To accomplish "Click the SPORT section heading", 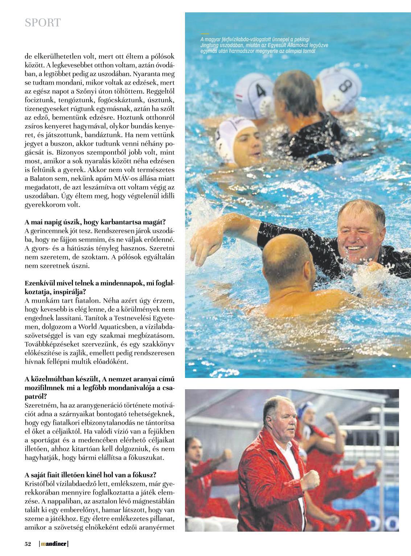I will click(42, 23).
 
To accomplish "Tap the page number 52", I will click(28, 544).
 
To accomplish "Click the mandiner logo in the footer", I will click(54, 544).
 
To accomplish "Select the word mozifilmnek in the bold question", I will click(45, 388).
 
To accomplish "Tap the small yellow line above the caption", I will click(205, 33).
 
